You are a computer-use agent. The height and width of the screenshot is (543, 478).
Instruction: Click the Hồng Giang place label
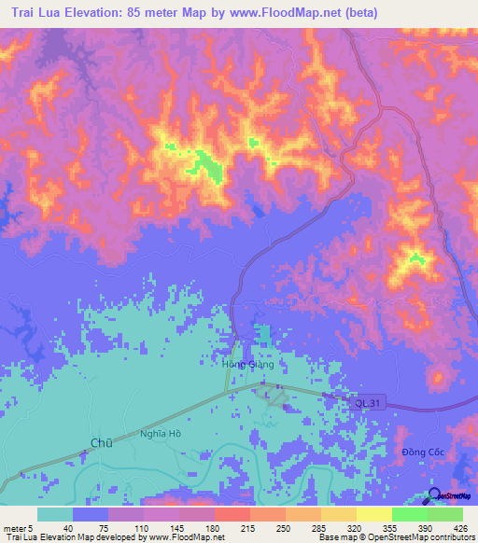click(x=248, y=365)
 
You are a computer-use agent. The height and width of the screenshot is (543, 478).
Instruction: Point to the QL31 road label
click(x=367, y=403)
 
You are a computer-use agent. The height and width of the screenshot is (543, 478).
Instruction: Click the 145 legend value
click(x=155, y=528)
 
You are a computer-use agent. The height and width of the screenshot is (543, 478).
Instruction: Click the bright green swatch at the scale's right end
click(x=444, y=514)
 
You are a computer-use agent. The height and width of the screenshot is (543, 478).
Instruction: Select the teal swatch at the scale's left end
click(x=55, y=514)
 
